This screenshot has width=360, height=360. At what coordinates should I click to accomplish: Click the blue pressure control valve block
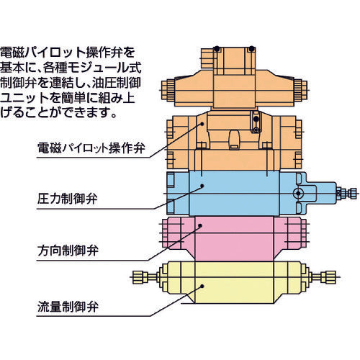[230, 191]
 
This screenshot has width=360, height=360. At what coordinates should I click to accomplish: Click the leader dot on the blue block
[202, 186]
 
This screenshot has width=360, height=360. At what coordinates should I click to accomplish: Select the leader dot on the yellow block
[203, 286]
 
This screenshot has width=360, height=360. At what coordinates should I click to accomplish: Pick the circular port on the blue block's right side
[298, 193]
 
